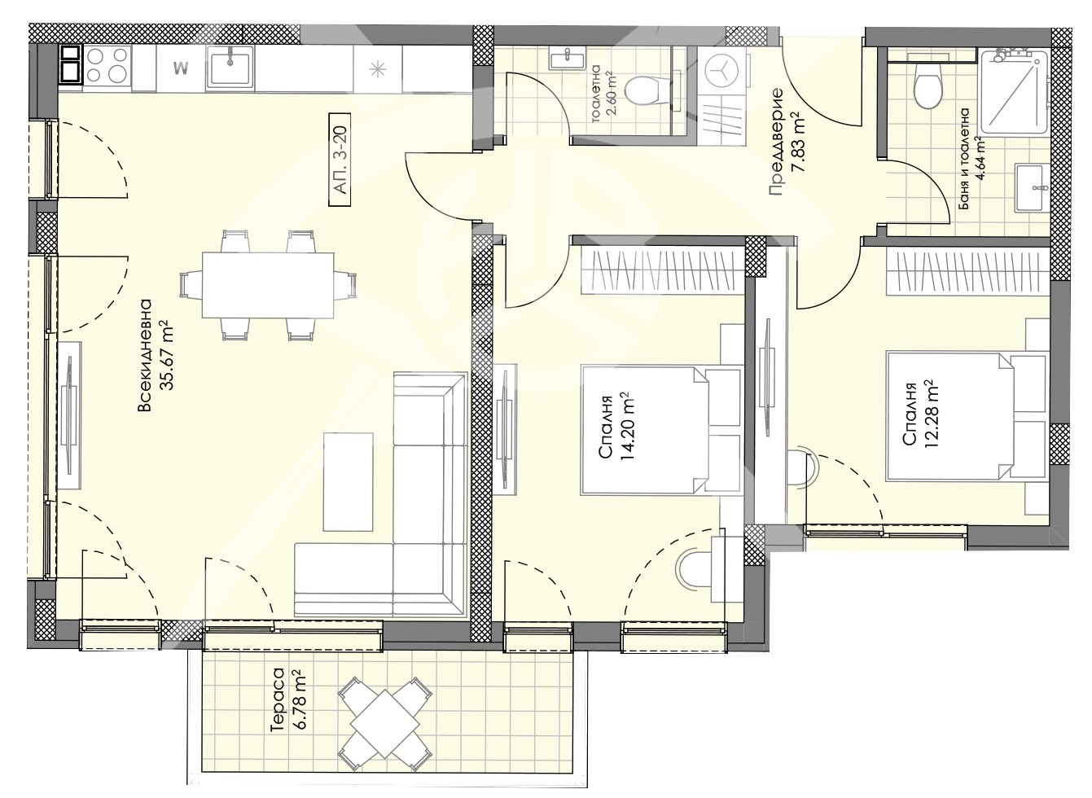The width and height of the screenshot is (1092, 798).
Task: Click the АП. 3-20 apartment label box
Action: tap(340, 160)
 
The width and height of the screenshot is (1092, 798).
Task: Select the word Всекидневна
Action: tap(145, 355)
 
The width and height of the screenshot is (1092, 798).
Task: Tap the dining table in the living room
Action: tap(268, 285)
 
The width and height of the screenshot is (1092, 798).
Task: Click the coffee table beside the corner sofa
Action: tap(348, 481)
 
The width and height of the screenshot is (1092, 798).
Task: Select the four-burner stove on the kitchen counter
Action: tap(107, 68)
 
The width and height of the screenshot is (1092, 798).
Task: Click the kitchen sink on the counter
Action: tap(230, 68)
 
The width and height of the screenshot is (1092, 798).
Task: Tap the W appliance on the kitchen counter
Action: tap(181, 68)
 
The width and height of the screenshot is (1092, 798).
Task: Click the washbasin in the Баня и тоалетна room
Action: tap(1033, 188)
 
